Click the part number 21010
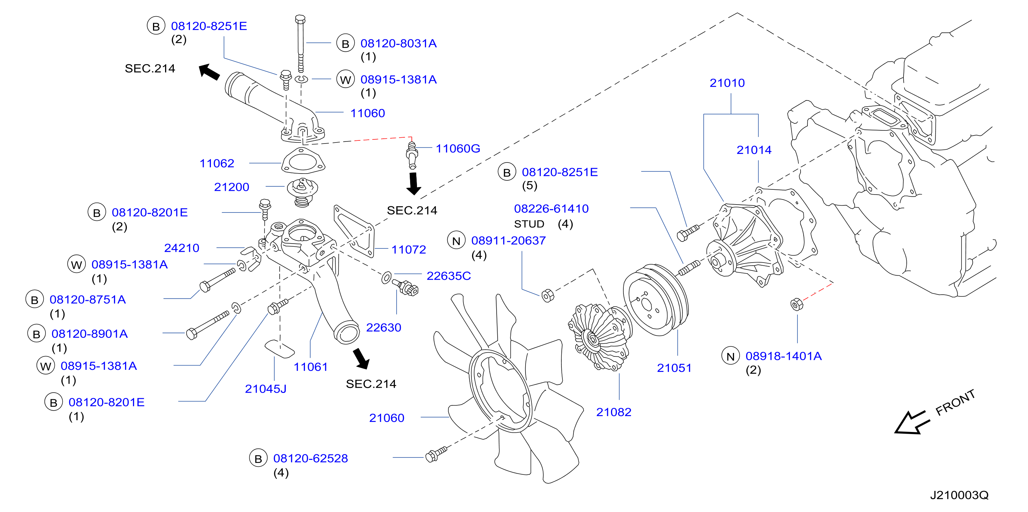(x=727, y=83)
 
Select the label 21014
(x=754, y=150)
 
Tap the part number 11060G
(x=458, y=149)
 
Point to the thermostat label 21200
(x=232, y=187)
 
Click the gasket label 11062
(x=217, y=163)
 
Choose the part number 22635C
(x=449, y=276)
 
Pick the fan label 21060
(x=386, y=418)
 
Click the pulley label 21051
(x=674, y=368)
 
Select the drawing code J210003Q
(x=959, y=495)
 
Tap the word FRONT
(x=955, y=402)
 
